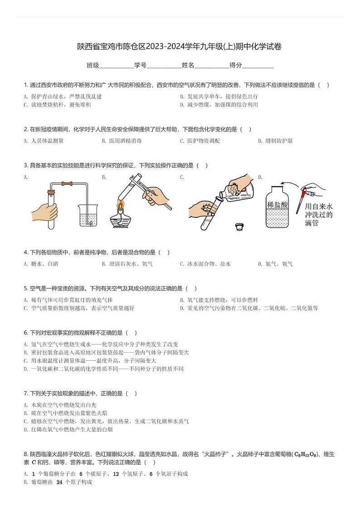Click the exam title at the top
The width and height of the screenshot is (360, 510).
pos(180,47)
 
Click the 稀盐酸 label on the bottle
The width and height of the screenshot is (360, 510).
pos(277,205)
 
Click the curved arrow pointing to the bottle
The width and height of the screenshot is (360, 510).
pos(288,184)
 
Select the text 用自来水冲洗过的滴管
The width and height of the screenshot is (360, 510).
pos(319,215)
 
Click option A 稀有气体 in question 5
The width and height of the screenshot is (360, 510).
pos(68,300)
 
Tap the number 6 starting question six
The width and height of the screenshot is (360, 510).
pos(25,333)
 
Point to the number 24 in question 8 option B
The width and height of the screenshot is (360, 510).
pos(59,482)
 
